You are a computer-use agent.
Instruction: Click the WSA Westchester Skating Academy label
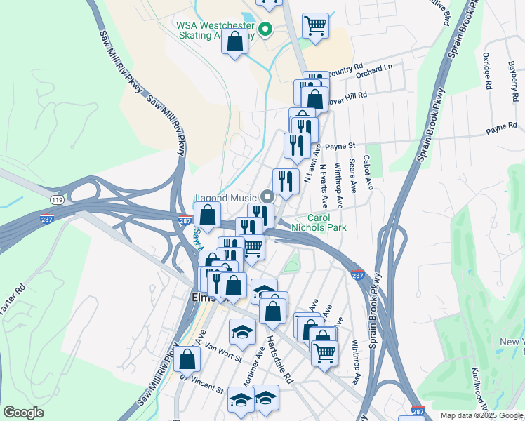[214, 29]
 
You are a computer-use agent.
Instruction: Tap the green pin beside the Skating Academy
[265, 29]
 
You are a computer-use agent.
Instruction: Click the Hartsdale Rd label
[279, 359]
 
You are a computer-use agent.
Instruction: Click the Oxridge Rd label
[485, 72]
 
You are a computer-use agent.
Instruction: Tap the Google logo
[24, 413]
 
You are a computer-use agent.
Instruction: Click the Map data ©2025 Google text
[481, 415]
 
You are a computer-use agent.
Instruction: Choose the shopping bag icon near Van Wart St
[187, 359]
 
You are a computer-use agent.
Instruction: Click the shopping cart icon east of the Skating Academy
[315, 26]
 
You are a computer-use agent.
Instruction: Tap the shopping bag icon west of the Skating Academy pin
[234, 41]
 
